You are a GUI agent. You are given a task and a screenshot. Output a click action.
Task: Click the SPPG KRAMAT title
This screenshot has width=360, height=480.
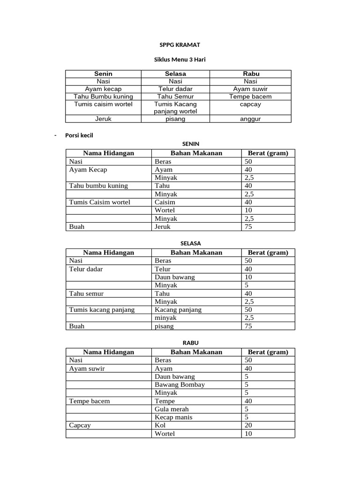180,45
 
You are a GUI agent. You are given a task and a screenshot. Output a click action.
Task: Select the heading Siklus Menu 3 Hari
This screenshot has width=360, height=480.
180,60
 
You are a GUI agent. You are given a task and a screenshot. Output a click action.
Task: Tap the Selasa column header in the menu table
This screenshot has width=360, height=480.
175,74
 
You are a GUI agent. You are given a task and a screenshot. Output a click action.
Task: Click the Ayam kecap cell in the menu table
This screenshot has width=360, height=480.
103,89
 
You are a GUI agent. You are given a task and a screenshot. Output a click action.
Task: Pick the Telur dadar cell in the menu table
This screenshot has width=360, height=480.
175,89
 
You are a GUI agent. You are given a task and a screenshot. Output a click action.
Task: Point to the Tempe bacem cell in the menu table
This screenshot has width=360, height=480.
250,97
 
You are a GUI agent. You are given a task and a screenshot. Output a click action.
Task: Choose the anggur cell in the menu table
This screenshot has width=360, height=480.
250,119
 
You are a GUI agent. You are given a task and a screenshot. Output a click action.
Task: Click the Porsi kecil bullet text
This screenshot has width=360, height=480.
79,135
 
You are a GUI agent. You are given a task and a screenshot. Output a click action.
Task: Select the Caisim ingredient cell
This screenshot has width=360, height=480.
165,202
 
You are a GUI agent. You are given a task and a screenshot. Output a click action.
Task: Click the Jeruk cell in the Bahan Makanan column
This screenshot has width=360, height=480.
163,227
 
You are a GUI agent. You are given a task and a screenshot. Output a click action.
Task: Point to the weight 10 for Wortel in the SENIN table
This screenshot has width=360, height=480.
248,210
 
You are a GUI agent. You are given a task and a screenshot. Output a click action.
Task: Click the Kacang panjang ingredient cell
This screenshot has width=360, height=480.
178,310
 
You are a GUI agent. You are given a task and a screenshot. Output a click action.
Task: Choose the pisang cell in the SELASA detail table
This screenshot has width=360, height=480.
164,326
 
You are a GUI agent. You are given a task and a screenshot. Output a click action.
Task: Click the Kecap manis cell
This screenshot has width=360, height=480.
173,417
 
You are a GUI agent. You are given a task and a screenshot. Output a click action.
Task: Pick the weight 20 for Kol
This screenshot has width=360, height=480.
248,426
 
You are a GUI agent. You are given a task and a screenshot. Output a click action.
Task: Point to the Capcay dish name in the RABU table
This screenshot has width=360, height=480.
80,426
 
